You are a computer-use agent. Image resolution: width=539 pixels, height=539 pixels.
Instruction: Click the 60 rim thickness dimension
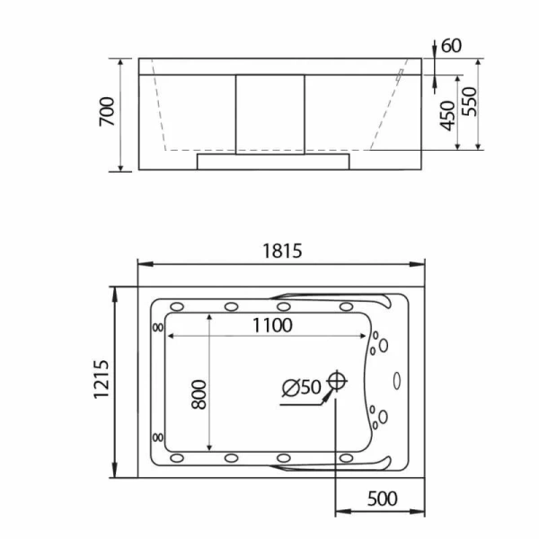tap(451, 46)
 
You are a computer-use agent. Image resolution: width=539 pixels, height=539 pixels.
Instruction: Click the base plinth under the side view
tap(272, 162)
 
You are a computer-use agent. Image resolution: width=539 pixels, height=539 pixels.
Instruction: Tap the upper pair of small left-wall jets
tap(159, 327)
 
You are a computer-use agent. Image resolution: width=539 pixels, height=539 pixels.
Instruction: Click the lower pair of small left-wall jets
tap(159, 437)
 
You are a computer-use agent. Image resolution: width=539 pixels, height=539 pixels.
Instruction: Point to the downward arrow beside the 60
tap(434, 48)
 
